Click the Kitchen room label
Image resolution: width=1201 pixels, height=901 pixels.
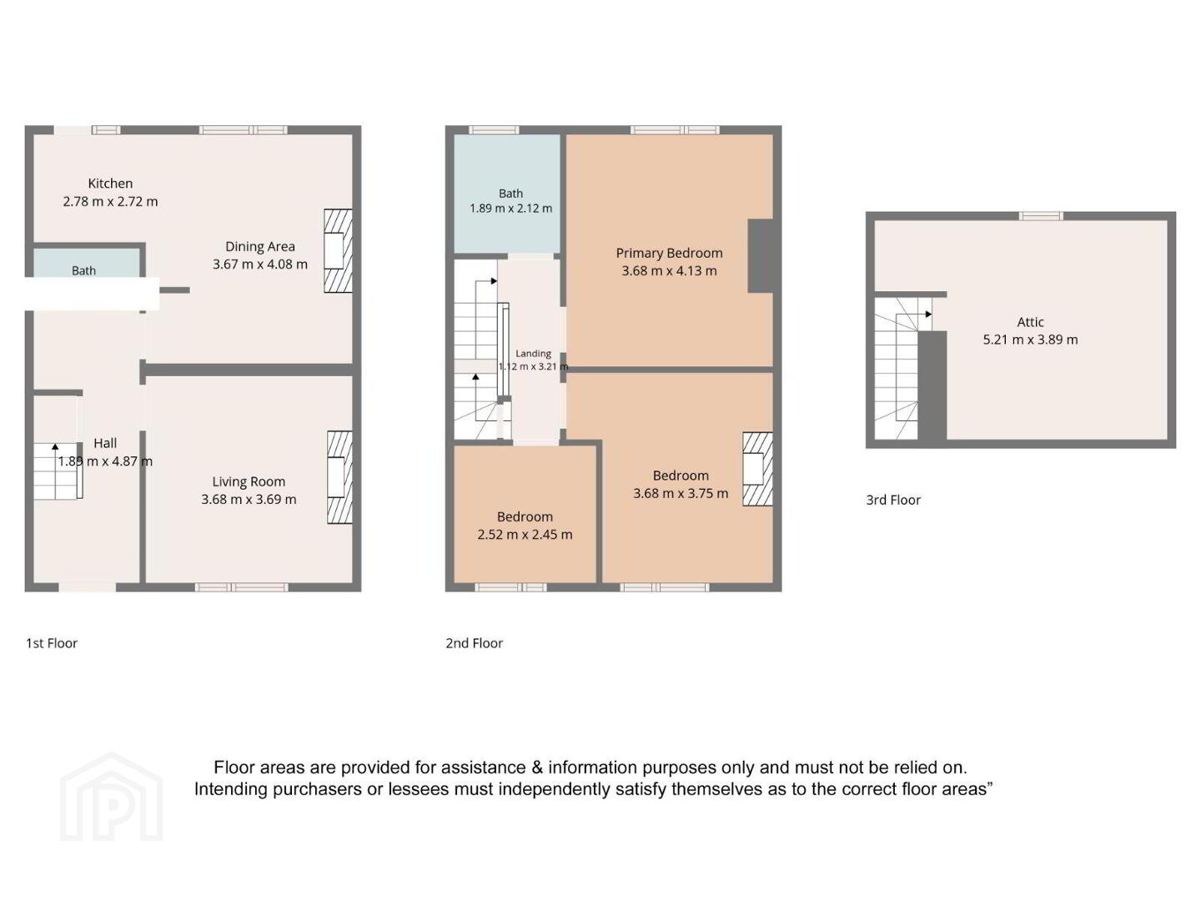(x=110, y=184)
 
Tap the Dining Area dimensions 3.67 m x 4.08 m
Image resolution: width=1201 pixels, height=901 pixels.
(x=260, y=264)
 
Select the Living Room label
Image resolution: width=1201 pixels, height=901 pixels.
(x=249, y=481)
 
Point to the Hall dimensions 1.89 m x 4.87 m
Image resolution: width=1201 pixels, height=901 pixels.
(x=105, y=461)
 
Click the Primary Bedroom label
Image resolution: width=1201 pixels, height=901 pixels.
(x=669, y=254)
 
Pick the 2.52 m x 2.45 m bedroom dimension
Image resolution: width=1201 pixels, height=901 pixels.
(x=525, y=535)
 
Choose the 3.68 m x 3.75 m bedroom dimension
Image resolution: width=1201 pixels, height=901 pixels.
(x=681, y=493)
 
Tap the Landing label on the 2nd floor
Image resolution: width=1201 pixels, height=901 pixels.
(x=533, y=354)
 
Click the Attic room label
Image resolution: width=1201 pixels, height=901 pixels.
(x=1030, y=322)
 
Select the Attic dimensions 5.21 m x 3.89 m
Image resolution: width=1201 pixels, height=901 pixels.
(x=1030, y=340)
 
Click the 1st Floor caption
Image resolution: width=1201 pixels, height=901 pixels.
(x=52, y=642)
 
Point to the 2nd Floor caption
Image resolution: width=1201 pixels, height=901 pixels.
(x=474, y=642)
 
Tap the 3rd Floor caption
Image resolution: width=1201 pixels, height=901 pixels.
(x=893, y=500)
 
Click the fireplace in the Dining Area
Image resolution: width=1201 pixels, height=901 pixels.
(x=338, y=250)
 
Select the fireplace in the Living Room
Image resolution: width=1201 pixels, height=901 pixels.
(x=339, y=477)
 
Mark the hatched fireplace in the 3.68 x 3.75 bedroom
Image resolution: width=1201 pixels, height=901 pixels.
(x=757, y=469)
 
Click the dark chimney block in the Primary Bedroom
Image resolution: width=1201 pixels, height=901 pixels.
(x=760, y=255)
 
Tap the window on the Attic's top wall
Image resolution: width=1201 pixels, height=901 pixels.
(x=1041, y=216)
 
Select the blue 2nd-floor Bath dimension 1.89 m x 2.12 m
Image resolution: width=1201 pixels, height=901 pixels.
(x=510, y=209)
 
